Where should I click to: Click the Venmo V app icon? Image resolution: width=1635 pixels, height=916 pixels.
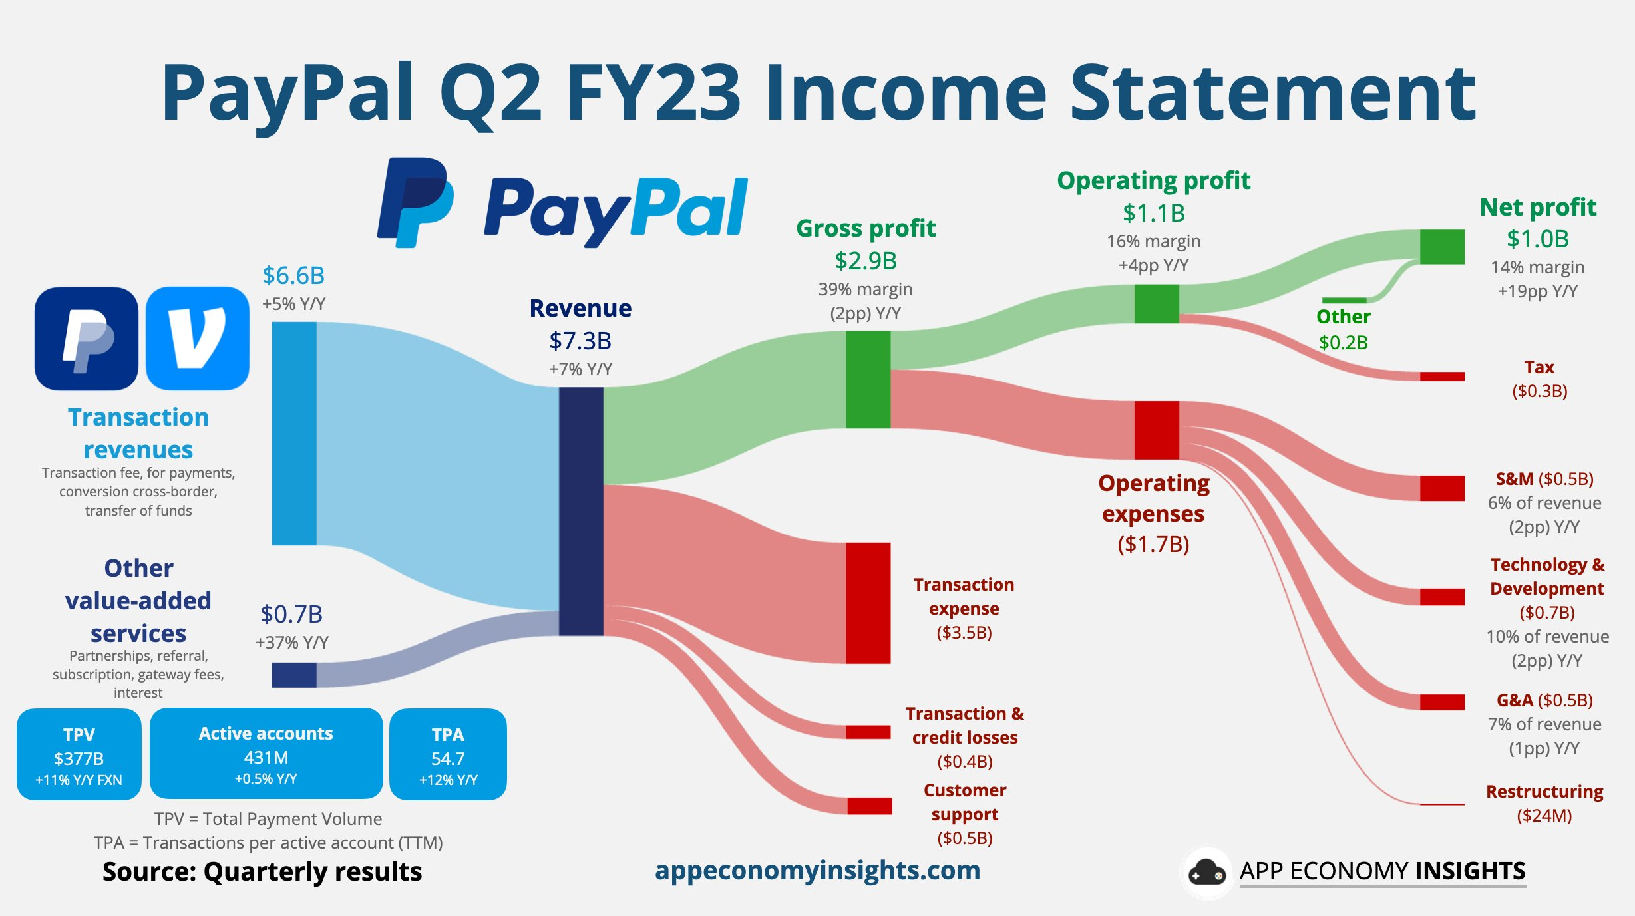pos(198,338)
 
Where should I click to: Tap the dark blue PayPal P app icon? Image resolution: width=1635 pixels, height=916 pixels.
pos(87,338)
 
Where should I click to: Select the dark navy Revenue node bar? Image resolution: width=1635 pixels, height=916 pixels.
pos(581,511)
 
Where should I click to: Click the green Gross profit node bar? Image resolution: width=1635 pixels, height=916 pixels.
pos(868,379)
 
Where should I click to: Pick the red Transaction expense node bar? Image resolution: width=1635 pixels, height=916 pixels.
pos(868,603)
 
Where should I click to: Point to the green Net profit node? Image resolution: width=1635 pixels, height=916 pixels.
pos(1442,247)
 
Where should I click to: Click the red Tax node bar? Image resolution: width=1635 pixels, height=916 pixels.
pos(1442,377)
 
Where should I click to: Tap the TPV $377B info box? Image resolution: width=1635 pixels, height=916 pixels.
pos(79,754)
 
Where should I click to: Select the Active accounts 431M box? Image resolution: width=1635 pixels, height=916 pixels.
pos(266,753)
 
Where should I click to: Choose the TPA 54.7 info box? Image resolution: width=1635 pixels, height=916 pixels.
pos(448,754)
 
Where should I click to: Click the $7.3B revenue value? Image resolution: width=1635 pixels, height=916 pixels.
pos(580,341)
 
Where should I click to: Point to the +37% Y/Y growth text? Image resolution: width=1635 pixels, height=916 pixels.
pos(292,642)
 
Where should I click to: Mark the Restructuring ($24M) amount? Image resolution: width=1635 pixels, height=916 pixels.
pos(1544,816)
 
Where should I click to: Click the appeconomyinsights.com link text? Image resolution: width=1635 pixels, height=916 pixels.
pos(818,870)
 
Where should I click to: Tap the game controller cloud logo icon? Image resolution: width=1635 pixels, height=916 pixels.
pos(1206,872)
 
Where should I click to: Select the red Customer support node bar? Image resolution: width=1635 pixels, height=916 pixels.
pos(869,806)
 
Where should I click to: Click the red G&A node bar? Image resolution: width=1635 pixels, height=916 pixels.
pos(1442,702)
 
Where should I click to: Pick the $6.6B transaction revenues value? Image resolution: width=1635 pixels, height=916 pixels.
pos(293,275)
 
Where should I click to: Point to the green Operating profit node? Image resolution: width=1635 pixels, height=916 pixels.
pos(1157,303)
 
